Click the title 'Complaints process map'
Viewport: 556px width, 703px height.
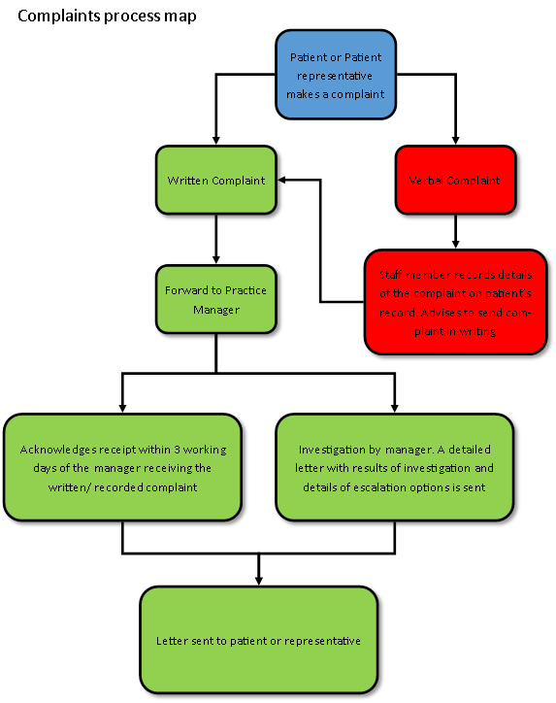coord(107,17)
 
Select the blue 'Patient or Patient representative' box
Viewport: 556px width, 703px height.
coord(336,75)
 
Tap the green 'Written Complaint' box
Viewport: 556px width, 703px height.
coord(216,180)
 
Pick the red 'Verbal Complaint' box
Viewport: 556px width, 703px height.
coord(455,180)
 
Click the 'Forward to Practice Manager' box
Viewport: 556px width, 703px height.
coord(216,299)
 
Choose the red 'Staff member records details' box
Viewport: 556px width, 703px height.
coord(455,302)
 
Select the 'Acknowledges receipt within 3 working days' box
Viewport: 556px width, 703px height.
coord(122,467)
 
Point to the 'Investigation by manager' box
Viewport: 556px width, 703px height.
coord(394,467)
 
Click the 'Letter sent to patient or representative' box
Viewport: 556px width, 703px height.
coord(258,640)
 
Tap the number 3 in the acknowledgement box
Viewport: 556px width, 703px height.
coord(178,450)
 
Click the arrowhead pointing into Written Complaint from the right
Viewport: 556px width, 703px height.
coord(281,180)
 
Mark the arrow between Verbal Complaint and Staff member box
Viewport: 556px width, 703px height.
coord(455,232)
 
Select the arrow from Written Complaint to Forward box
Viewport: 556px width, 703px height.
coord(216,239)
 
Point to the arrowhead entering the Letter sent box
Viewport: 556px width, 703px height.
coord(258,581)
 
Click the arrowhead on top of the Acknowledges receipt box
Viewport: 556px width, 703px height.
coord(122,409)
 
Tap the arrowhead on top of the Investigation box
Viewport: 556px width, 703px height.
coord(394,409)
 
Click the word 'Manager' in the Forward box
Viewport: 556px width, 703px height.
coord(216,310)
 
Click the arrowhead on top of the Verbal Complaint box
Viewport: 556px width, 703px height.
coord(455,141)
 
